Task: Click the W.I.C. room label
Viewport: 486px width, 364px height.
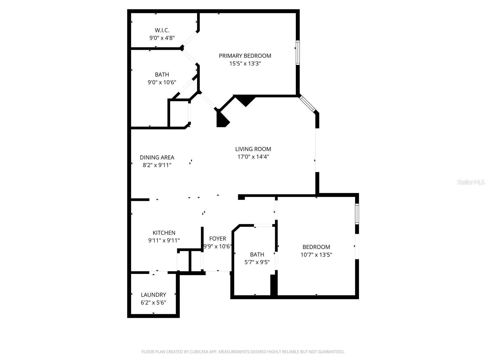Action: (x=162, y=30)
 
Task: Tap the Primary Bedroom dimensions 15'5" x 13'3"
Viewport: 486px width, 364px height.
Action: (x=245, y=64)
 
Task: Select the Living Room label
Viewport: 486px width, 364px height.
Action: (x=253, y=149)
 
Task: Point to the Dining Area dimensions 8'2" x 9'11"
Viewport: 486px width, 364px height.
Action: (x=157, y=165)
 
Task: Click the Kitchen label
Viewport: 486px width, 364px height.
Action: (x=164, y=233)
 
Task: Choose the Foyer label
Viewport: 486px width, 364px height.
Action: (x=217, y=239)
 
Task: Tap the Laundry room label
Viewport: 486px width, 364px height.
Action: (x=153, y=295)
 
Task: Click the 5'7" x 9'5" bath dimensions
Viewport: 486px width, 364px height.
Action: (x=257, y=262)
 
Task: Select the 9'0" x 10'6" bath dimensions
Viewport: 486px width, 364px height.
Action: (x=162, y=83)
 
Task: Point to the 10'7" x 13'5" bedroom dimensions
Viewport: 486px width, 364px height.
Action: (x=316, y=255)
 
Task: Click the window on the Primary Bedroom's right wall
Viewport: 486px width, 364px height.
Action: (x=298, y=52)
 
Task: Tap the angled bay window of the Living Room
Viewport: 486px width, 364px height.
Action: (x=308, y=104)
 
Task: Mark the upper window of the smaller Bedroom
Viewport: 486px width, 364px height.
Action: (x=357, y=214)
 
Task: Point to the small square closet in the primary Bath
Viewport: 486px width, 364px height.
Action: (x=179, y=113)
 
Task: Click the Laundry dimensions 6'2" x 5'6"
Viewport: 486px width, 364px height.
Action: (x=153, y=303)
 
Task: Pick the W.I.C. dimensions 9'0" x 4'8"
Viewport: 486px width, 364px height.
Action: (x=162, y=38)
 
